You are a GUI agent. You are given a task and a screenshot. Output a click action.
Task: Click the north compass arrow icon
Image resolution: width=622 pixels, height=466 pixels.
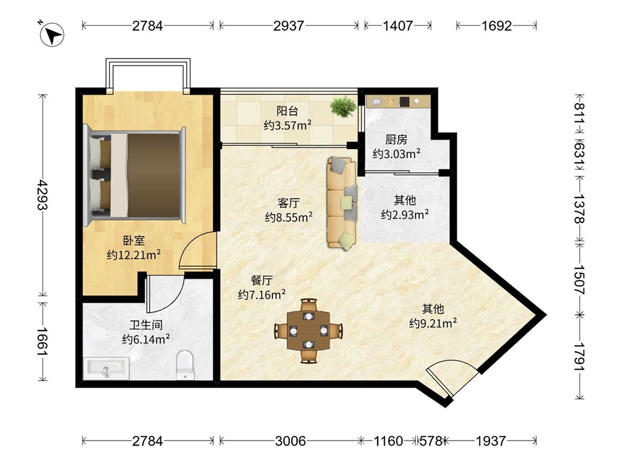click(x=52, y=35)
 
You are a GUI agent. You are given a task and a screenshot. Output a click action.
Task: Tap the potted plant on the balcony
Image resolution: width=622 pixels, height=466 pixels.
click(x=343, y=107)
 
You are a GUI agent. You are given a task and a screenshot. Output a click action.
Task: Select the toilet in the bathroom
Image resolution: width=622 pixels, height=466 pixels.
click(x=185, y=364)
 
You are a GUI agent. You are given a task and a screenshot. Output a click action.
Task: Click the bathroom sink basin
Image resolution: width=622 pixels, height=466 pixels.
click(x=106, y=368)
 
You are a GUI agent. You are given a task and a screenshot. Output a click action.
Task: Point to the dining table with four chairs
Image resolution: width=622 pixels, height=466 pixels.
click(x=309, y=331)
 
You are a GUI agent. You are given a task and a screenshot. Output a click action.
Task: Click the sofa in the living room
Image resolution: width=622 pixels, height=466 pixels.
click(x=342, y=203)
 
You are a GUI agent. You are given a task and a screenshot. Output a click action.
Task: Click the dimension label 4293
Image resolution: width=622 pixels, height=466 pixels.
click(x=42, y=195)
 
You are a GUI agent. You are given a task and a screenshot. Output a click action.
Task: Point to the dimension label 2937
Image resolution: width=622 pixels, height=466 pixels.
click(x=289, y=25)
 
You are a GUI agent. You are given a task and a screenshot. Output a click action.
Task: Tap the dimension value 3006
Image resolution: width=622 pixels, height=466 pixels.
click(x=290, y=441)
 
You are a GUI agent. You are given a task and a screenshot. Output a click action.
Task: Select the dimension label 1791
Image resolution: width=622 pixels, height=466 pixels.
click(x=580, y=357)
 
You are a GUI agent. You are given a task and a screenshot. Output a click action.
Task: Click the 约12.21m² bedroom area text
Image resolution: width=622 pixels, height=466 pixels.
click(x=134, y=254)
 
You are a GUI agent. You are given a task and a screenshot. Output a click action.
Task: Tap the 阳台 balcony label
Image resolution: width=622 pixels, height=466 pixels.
click(x=287, y=111)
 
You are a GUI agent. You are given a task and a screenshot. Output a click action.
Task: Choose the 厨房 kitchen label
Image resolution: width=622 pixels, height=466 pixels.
click(x=396, y=139)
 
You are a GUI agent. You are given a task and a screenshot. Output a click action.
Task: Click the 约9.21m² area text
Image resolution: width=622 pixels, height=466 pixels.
click(x=433, y=323)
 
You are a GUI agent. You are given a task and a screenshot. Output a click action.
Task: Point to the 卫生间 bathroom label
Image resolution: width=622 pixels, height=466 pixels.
click(x=146, y=325)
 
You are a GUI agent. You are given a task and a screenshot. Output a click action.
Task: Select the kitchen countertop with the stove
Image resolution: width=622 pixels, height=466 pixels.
click(x=398, y=101)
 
